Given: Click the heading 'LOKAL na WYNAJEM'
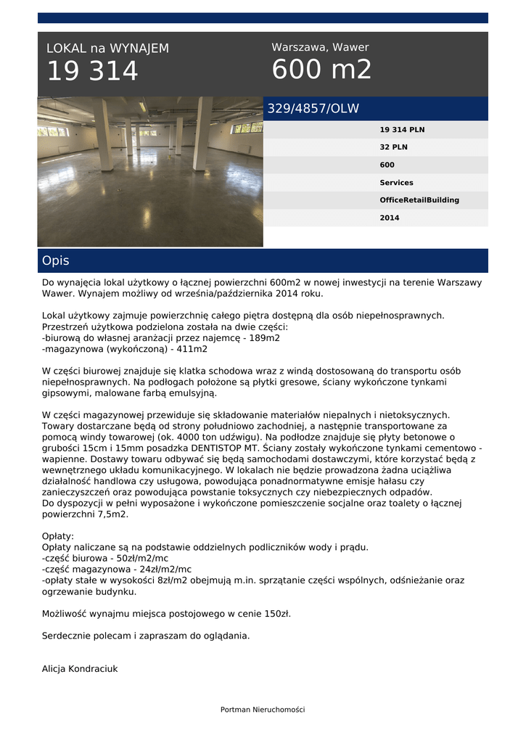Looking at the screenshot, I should (107, 49).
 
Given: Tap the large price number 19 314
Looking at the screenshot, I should (92, 72).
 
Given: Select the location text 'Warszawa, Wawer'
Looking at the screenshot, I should (320, 47).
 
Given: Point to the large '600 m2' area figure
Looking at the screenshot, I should (321, 70).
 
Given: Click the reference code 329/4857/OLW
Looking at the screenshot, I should (313, 109).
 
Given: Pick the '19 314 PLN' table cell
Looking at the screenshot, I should (402, 130).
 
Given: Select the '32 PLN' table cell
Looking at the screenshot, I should (395, 147).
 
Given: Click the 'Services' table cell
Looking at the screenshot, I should (396, 183).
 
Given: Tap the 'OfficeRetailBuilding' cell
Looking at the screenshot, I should (419, 200).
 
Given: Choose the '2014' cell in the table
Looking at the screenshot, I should (390, 218).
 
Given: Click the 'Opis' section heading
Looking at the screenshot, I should (56, 260).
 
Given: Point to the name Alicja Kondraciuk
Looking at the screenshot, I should (80, 669).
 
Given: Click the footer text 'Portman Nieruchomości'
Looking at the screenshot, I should (263, 710).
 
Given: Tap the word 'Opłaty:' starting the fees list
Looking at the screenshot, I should (58, 536).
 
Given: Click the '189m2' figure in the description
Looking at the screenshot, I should (266, 337).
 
